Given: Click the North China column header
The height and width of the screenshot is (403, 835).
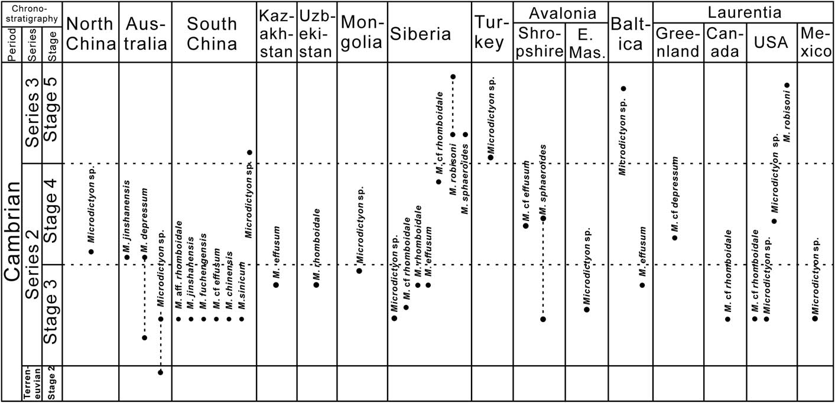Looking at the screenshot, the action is [x=90, y=34].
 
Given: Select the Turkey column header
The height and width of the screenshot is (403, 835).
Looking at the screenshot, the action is [x=492, y=33].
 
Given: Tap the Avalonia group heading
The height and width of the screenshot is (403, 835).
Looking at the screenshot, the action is [x=563, y=14].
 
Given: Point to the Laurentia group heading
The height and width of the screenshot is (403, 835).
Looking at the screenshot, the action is [x=745, y=12].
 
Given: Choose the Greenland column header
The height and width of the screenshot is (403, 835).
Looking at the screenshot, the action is [x=678, y=43].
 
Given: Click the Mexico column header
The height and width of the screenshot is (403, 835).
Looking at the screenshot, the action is [x=816, y=43].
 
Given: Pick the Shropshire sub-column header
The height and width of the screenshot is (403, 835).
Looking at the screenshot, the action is [x=540, y=43].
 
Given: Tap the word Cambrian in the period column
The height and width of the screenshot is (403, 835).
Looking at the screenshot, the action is [x=12, y=232].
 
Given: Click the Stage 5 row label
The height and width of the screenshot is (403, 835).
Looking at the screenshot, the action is [x=51, y=109].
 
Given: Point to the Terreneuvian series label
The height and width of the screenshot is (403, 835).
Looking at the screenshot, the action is [x=32, y=383].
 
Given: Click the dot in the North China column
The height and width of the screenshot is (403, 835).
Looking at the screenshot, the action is [x=91, y=252].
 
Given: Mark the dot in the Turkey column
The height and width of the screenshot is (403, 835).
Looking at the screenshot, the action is [x=490, y=157].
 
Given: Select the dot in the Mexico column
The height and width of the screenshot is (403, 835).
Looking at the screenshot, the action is [x=815, y=318].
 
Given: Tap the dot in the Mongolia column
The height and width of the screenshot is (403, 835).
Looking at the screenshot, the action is [x=359, y=271].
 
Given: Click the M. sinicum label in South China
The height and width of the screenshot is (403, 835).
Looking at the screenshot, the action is [x=242, y=286].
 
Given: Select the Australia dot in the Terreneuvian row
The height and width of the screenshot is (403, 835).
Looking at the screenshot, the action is [x=160, y=372].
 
